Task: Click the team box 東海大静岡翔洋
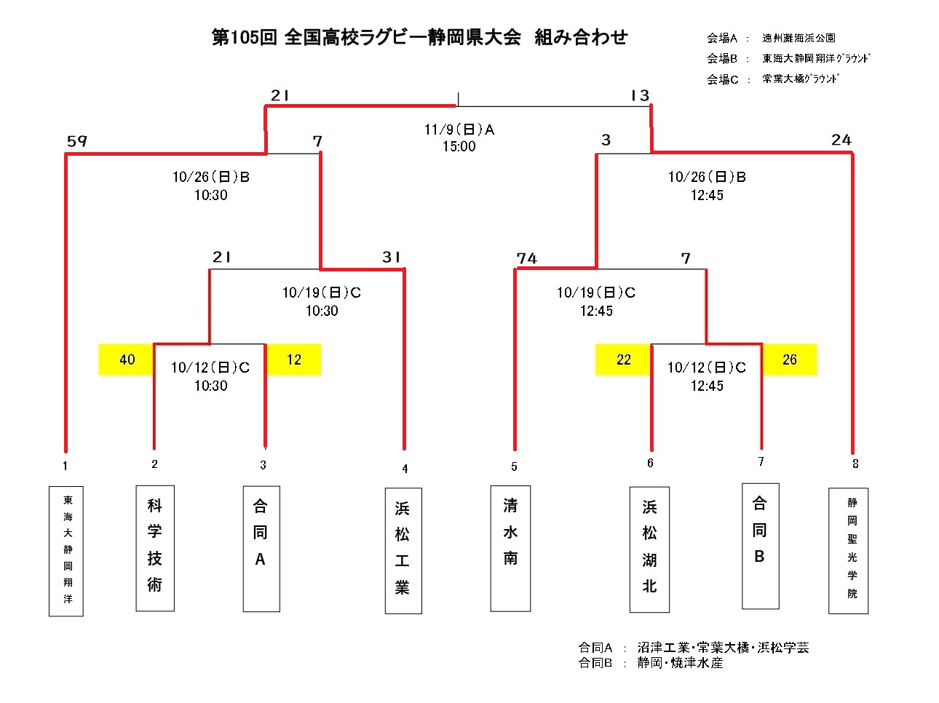[x=66, y=551]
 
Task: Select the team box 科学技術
[x=155, y=548]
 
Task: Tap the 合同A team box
[x=261, y=549]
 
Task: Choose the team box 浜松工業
[x=403, y=550]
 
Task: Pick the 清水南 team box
[x=510, y=548]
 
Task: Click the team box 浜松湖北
[x=649, y=549]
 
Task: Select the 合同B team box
[x=760, y=546]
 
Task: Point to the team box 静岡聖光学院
[x=849, y=550]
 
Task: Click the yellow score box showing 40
[x=127, y=360]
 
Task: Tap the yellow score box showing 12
[x=294, y=360]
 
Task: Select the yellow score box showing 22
[x=623, y=360]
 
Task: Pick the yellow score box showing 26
[x=790, y=360]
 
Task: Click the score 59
[x=77, y=141]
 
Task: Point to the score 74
[x=527, y=258]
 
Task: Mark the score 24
[x=841, y=140]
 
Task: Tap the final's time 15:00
[x=459, y=146]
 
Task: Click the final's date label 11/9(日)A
[x=459, y=130]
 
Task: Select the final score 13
[x=640, y=95]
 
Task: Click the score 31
[x=392, y=257]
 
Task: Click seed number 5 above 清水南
[x=514, y=466]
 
